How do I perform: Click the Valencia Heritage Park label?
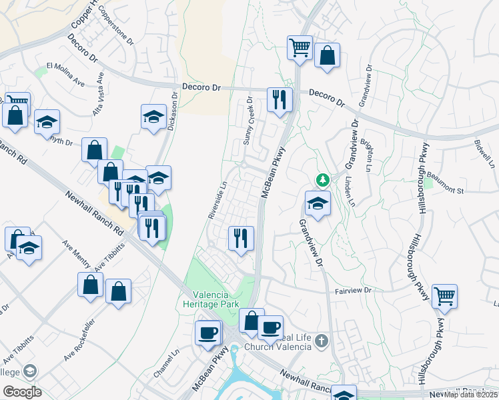point(211,299)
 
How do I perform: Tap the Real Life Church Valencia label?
point(279,342)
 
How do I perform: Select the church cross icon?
point(322,341)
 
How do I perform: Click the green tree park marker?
point(323,180)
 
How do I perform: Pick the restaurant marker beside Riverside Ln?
point(241,238)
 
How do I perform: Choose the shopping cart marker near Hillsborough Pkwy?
point(444,296)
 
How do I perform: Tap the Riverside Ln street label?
point(218,201)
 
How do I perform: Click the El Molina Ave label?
point(65,74)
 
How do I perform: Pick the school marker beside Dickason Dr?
point(154,117)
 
